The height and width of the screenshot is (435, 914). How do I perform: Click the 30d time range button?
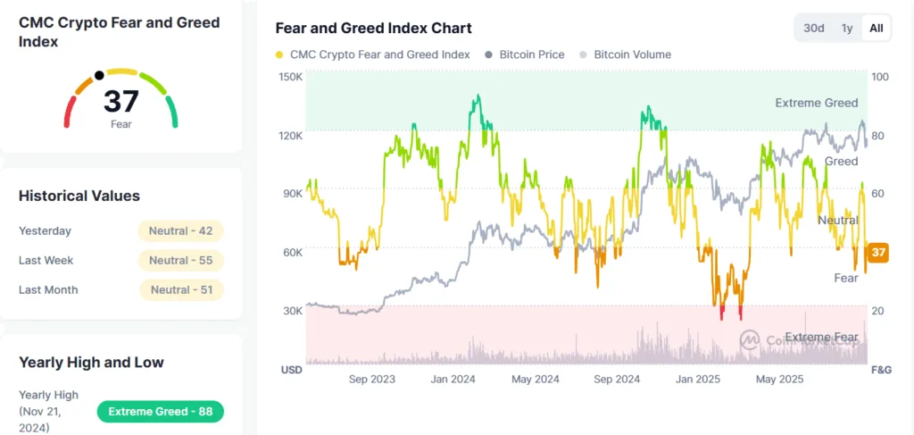coord(813,28)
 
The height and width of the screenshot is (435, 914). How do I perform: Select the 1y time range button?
coord(846,28)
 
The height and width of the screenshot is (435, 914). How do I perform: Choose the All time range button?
coord(877,28)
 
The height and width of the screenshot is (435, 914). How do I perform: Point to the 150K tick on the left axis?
coord(292,77)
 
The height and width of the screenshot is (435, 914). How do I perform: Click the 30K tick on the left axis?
coord(293,311)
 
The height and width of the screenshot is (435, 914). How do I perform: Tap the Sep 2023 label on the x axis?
coord(370,379)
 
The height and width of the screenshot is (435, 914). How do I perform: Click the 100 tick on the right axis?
coord(879,77)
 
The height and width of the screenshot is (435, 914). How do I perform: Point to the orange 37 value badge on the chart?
coord(878,253)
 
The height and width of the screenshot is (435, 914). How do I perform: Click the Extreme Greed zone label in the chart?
coord(816,103)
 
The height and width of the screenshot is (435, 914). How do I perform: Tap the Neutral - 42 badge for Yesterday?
coord(180,230)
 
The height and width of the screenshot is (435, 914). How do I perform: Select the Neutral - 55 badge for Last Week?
coord(180,260)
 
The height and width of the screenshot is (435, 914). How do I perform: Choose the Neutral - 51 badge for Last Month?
coord(180,289)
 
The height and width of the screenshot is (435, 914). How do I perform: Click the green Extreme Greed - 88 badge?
coord(160,412)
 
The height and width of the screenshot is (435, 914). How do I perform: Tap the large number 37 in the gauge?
coord(121,102)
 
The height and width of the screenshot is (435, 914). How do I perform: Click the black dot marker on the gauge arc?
coord(99,75)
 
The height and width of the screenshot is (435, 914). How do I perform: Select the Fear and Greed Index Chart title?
coord(373,29)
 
